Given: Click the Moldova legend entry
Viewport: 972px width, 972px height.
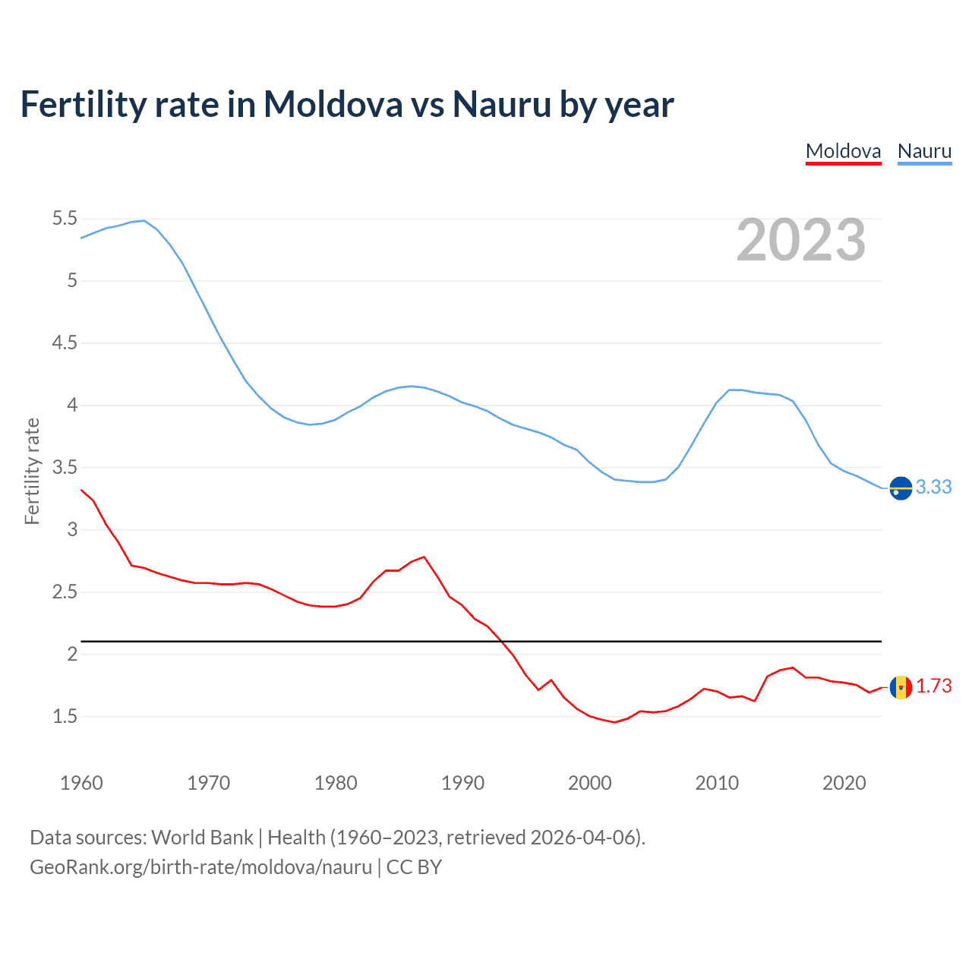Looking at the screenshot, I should pyautogui.click(x=843, y=151).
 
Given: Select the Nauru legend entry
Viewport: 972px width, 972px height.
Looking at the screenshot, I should pyautogui.click(x=924, y=151).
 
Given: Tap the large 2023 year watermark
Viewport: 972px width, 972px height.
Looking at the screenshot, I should pyautogui.click(x=801, y=241).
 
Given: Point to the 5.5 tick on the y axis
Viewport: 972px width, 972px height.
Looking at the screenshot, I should pyautogui.click(x=65, y=219).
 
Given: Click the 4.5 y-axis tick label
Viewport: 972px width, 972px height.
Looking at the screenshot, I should pyautogui.click(x=65, y=343).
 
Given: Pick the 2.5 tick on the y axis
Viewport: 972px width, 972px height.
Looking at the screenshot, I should pyautogui.click(x=65, y=592).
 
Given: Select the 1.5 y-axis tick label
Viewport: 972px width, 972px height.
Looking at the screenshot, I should pyautogui.click(x=65, y=716).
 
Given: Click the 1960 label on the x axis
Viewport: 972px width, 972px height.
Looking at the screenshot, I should pyautogui.click(x=81, y=783).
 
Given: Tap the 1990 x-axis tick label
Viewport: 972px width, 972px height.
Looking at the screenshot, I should pyautogui.click(x=462, y=783).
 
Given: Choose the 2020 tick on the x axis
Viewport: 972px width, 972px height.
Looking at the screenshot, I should pyautogui.click(x=844, y=783).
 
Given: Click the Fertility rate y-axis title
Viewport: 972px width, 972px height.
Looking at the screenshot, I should pyautogui.click(x=32, y=471).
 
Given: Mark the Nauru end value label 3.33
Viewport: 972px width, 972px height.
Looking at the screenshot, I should pyautogui.click(x=933, y=488).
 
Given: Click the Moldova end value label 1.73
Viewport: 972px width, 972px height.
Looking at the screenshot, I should pyautogui.click(x=933, y=686).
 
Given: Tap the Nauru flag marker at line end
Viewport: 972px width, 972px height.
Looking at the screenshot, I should pyautogui.click(x=901, y=488).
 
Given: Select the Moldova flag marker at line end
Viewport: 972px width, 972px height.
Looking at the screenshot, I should pyautogui.click(x=901, y=687).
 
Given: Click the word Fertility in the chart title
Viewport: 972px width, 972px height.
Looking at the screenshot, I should pyautogui.click(x=83, y=104).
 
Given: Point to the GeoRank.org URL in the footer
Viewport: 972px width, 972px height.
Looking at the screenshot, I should pyautogui.click(x=200, y=867).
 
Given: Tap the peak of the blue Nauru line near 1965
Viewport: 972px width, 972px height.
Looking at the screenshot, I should pyautogui.click(x=144, y=221).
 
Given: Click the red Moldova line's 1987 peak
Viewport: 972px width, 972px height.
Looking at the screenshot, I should pyautogui.click(x=424, y=557).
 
